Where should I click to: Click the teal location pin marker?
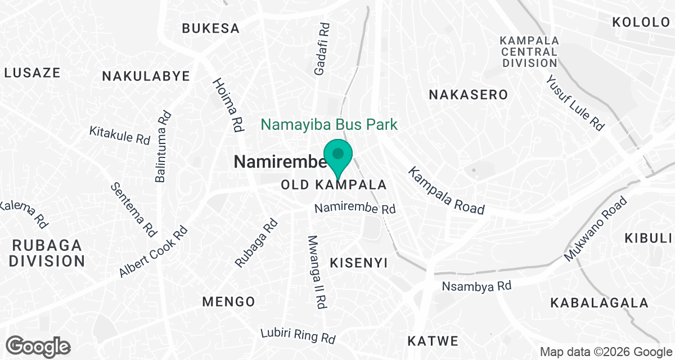[x=338, y=156]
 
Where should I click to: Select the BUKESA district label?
[x=211, y=28]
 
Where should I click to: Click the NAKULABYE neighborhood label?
[x=146, y=76]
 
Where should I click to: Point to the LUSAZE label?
[x=32, y=72]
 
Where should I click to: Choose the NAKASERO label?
[x=468, y=94]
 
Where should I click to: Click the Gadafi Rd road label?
[x=322, y=49]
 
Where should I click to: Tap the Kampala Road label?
[x=447, y=191]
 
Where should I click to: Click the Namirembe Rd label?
[x=355, y=209]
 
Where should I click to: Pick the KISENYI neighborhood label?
[x=359, y=262]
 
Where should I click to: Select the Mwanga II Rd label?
[x=317, y=271]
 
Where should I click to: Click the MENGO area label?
[x=228, y=301]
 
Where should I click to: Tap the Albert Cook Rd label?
[x=153, y=252]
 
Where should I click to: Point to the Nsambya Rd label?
[x=476, y=286]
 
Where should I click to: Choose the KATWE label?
[x=433, y=340]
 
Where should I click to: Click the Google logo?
[x=38, y=346]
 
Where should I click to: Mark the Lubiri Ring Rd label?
[x=298, y=336]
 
